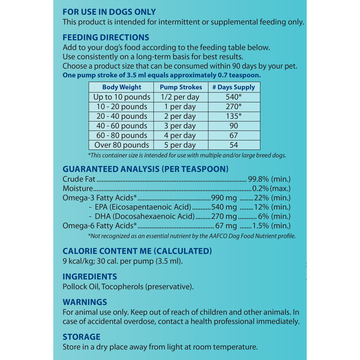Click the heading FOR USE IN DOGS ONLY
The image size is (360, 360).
click(109, 12)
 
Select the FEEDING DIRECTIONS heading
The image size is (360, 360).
click(106, 37)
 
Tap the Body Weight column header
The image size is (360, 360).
click(122, 87)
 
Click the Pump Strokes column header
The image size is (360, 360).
click(181, 87)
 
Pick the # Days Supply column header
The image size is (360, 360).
click(234, 87)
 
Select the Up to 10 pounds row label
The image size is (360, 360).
click(122, 97)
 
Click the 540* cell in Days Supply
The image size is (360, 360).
click(234, 97)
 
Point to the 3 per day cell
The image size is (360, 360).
click(181, 126)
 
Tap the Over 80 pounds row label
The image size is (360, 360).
click(122, 145)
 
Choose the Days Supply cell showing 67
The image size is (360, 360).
click(234, 135)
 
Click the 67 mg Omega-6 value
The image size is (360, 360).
click(226, 226)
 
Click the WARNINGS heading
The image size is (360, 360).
click(85, 302)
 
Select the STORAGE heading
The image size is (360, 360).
click(81, 337)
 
